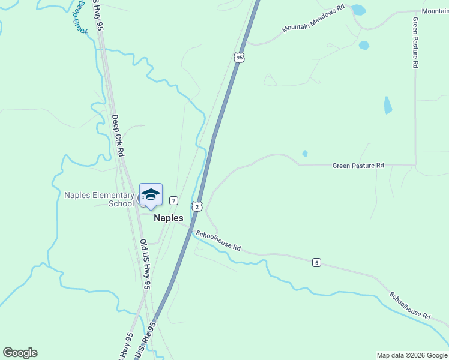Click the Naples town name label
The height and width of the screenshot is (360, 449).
[169, 218]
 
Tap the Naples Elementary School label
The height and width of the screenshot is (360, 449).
[99, 199]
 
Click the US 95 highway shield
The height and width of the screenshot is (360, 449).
[240, 58]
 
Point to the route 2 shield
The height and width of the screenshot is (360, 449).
[197, 206]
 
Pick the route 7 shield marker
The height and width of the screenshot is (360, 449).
[173, 200]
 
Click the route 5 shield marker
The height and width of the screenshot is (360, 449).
[316, 262]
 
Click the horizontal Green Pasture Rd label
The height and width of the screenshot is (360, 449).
[358, 165]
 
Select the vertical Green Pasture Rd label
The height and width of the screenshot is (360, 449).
[415, 43]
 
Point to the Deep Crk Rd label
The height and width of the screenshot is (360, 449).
[118, 136]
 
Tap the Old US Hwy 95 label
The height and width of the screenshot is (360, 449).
[145, 265]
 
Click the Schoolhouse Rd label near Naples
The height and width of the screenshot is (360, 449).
[218, 240]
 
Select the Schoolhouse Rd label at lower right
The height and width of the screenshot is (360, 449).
[409, 305]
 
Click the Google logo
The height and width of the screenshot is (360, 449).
[20, 353]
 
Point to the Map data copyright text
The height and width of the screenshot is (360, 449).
[411, 355]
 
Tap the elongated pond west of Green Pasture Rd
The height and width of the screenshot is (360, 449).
[388, 105]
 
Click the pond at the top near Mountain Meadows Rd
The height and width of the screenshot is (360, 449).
[358, 10]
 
